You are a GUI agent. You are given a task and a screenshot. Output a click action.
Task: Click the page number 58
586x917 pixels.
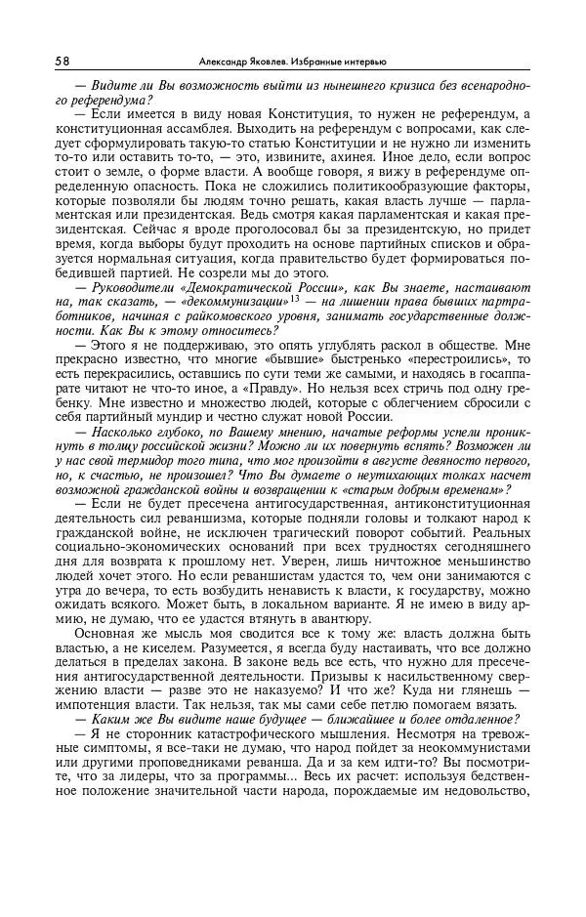(62, 60)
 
